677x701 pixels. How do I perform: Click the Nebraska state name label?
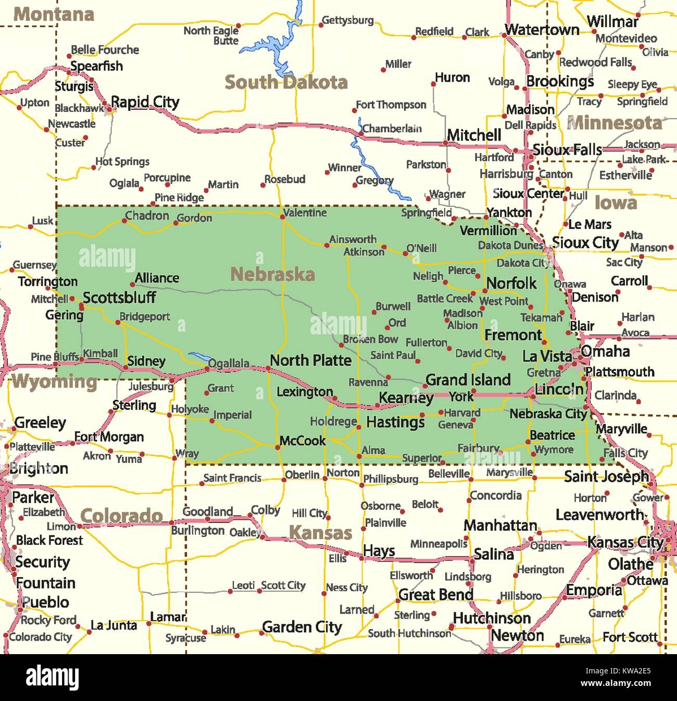pos(272,274)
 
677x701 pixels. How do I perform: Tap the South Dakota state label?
pos(286,82)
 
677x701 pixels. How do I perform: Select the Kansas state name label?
pos(320,533)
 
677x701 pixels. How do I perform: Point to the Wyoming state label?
pos(55,382)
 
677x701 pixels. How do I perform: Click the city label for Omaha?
pos(605,351)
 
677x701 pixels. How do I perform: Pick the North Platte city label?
pos(310,360)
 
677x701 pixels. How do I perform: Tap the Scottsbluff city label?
pos(119,297)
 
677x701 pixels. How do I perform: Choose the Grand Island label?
pos(468,380)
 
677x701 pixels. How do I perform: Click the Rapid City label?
pos(145,102)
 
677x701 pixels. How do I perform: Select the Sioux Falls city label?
pos(567,150)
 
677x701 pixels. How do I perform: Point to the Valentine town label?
pos(305,212)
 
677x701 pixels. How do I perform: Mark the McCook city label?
pos(302,441)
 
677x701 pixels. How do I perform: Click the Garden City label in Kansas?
pos(302,627)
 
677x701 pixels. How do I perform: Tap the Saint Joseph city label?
pos(606,476)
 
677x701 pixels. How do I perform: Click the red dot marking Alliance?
pos(133,284)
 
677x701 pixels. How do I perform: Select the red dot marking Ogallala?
pos(207,369)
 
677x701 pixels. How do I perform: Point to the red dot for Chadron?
pos(124,221)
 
